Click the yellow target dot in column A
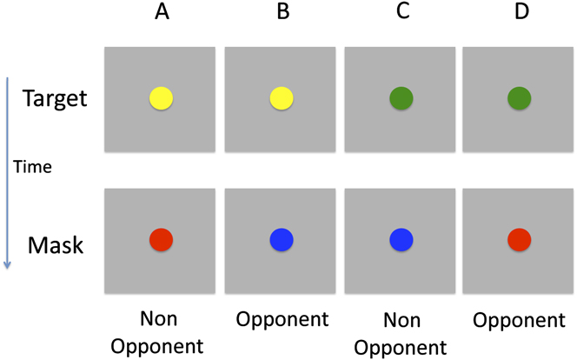[x=162, y=98]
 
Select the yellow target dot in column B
[x=282, y=98]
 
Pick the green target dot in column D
[x=519, y=98]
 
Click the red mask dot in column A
[x=162, y=239]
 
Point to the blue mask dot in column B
[x=282, y=239]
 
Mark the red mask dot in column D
[x=519, y=239]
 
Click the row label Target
[x=56, y=98]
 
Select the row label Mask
[x=56, y=245]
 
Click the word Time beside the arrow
[x=35, y=166]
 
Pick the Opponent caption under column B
[x=282, y=320]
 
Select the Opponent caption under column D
[x=519, y=320]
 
